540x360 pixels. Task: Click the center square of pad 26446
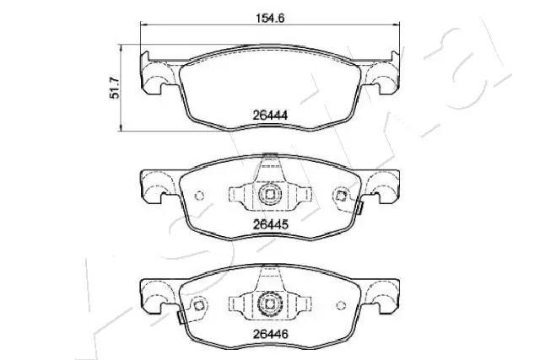click(x=269, y=302)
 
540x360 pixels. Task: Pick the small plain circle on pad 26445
click(x=200, y=198)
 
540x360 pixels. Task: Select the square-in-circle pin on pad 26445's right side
click(x=341, y=196)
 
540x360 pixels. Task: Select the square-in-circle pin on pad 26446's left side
click(x=199, y=304)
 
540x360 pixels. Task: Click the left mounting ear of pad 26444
click(x=155, y=74)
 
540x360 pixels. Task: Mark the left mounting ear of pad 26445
click(x=157, y=187)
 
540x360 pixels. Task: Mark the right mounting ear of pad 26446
click(x=385, y=295)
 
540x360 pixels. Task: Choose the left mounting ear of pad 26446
click(x=157, y=295)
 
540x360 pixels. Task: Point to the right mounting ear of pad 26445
click(x=385, y=187)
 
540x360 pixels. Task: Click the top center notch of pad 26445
click(x=269, y=158)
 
